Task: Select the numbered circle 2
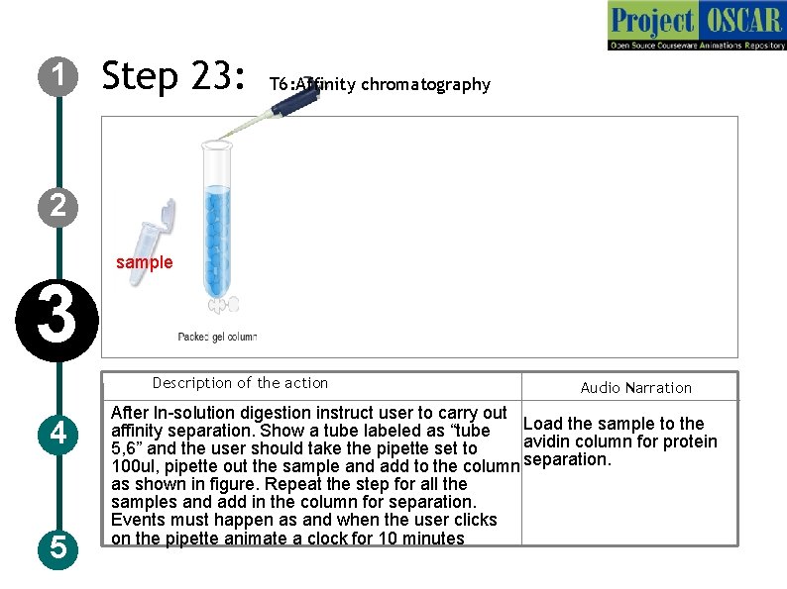pyautogui.click(x=59, y=205)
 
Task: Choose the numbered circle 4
pyautogui.click(x=59, y=434)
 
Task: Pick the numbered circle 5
pyautogui.click(x=59, y=546)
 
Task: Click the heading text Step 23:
pyautogui.click(x=173, y=76)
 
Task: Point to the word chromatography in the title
pyautogui.click(x=425, y=85)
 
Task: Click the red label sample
pyautogui.click(x=144, y=262)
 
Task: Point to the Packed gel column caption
pyautogui.click(x=217, y=337)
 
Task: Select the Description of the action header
pyautogui.click(x=240, y=383)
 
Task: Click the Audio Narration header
pyautogui.click(x=635, y=388)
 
